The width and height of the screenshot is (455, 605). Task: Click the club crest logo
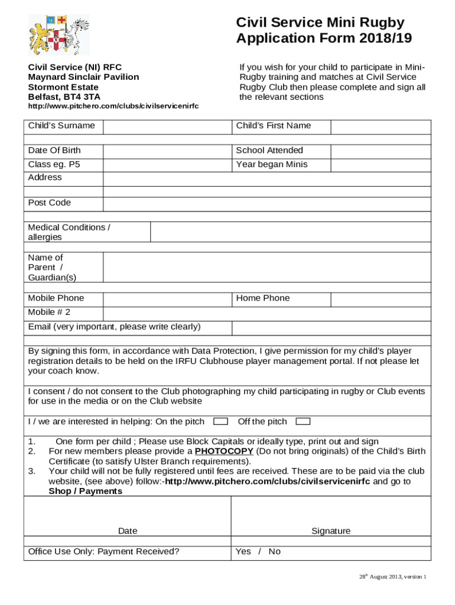click(x=59, y=35)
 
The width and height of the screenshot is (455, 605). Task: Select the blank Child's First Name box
click(x=381, y=127)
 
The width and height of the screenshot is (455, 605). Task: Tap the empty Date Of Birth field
click(x=167, y=151)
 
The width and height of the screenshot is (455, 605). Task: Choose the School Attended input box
click(x=381, y=151)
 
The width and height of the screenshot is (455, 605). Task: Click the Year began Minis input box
click(x=381, y=165)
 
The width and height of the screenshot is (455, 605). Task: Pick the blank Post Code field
click(x=267, y=204)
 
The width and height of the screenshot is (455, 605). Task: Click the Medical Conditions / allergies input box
click(x=291, y=232)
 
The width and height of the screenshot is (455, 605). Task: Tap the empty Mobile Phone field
click(x=167, y=299)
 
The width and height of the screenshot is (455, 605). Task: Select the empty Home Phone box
click(x=381, y=299)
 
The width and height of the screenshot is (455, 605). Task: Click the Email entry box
click(x=331, y=328)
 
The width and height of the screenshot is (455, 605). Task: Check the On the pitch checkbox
click(x=220, y=422)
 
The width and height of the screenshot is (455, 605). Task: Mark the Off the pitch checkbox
click(x=303, y=422)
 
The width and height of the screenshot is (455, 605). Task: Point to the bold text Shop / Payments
click(x=85, y=492)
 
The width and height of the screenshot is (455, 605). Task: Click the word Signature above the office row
click(x=331, y=531)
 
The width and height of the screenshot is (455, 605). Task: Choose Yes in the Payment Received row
click(x=243, y=552)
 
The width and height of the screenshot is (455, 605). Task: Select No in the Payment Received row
click(x=274, y=552)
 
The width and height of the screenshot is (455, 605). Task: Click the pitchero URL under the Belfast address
click(x=113, y=106)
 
